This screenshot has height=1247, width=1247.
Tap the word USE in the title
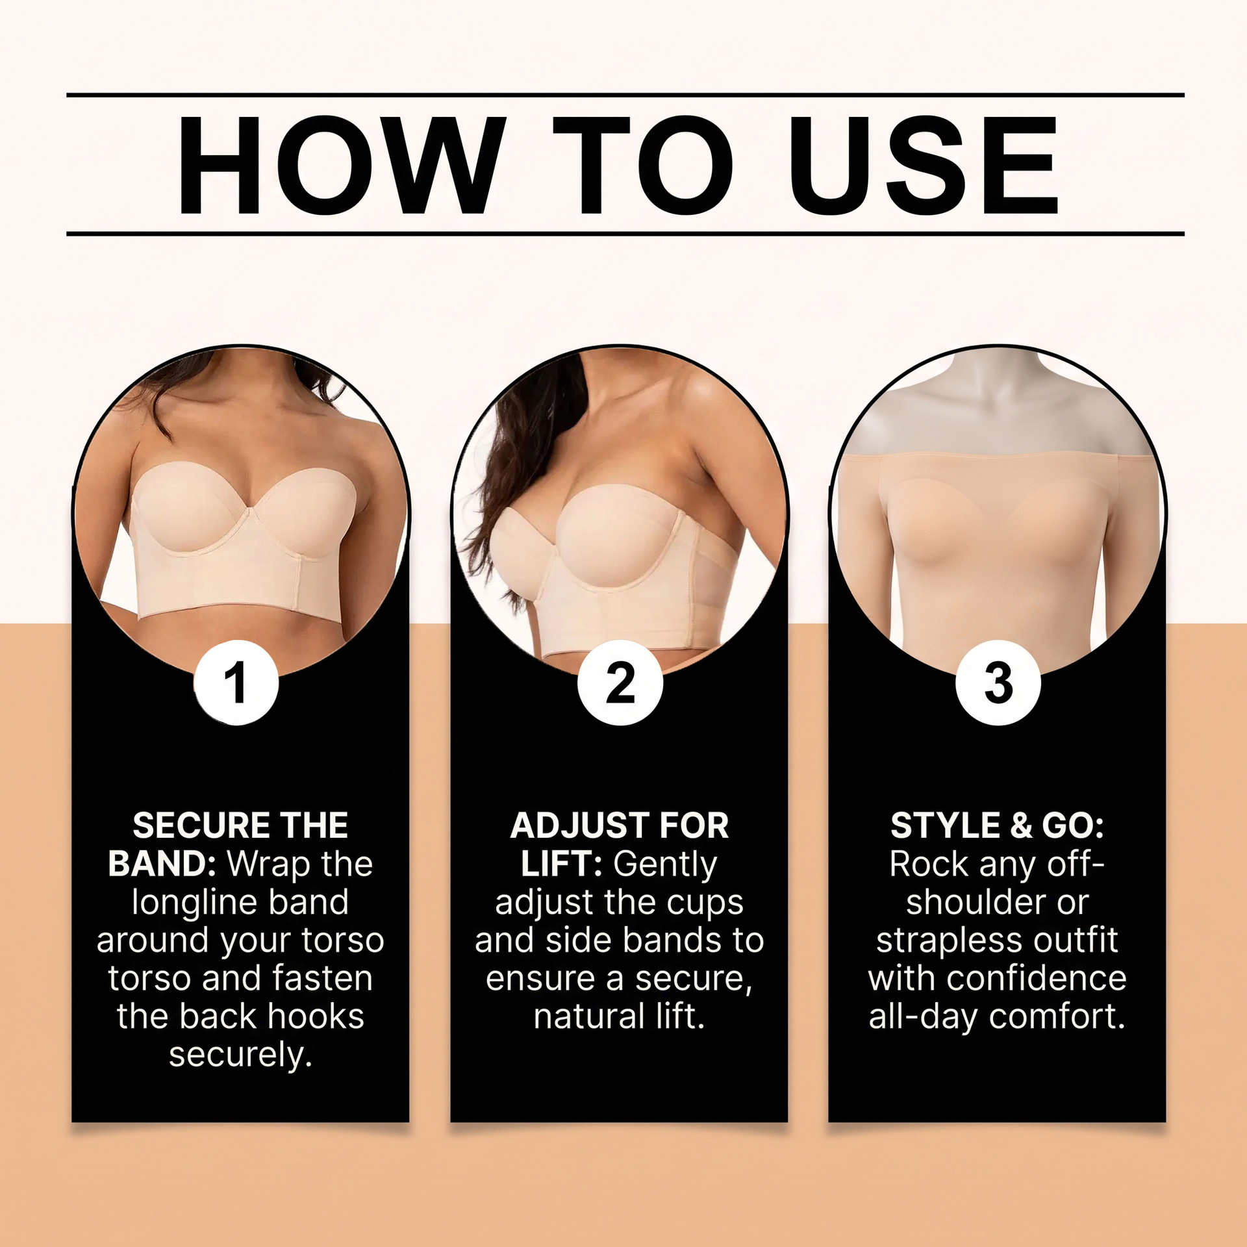[924, 165]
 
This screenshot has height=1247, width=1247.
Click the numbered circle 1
[236, 683]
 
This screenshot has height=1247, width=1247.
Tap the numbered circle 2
[620, 683]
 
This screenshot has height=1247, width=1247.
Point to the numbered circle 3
[998, 683]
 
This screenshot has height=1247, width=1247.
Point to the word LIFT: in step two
[561, 864]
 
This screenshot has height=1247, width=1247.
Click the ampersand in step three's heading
[1021, 825]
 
